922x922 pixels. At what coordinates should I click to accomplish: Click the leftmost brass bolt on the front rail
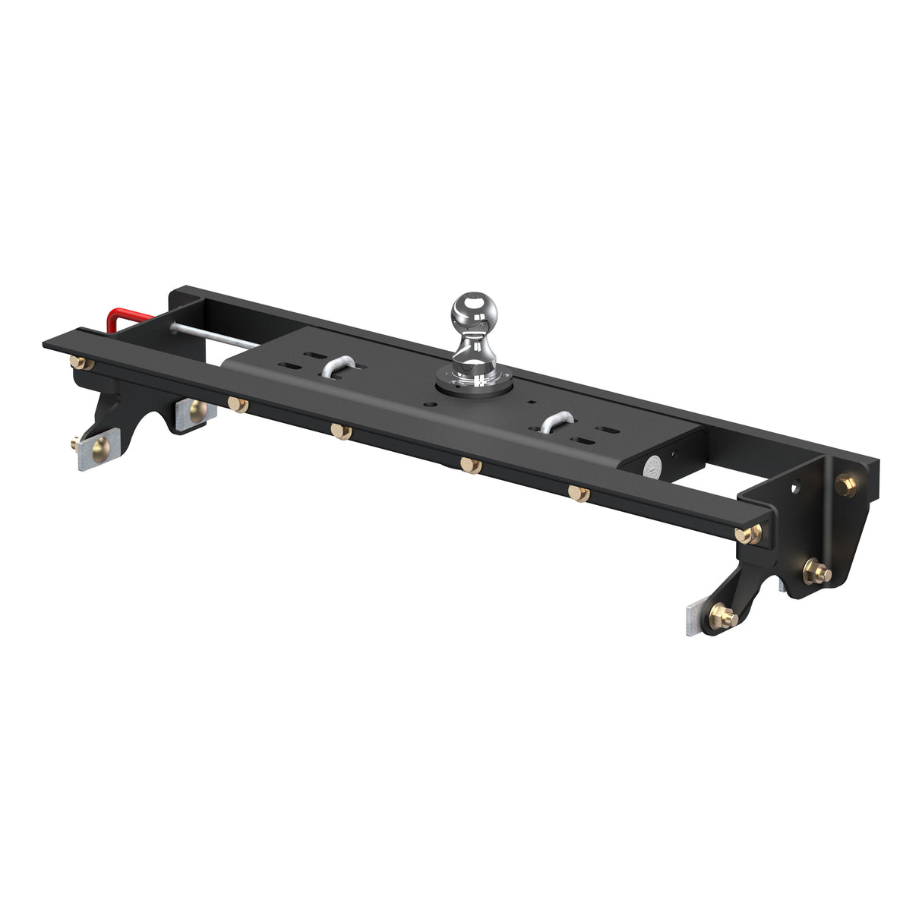coord(81,363)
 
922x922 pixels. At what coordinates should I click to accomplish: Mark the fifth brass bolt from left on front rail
coord(579,494)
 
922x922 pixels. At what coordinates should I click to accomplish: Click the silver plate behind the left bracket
coord(195,413)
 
